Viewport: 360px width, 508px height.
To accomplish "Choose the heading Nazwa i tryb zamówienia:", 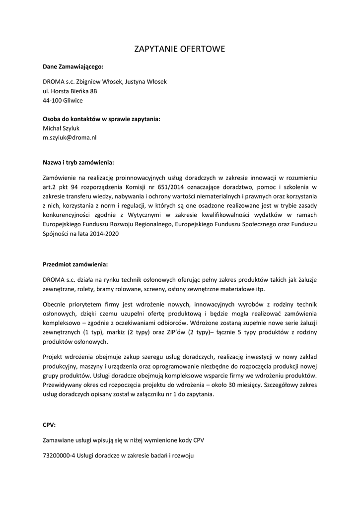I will click(78, 162).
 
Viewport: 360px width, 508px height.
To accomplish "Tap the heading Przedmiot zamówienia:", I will click(75, 264).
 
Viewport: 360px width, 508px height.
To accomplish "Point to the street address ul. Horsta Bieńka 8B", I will click(70, 91).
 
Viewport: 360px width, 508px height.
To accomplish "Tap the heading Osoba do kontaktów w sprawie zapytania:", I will click(102, 119).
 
